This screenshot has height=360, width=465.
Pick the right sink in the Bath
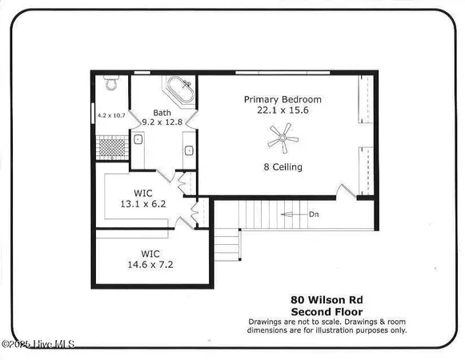coord(189,148)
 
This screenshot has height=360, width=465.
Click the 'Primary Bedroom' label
coord(283,99)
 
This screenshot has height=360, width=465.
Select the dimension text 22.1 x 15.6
coord(283,110)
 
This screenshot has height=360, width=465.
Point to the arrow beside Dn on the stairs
coord(293,214)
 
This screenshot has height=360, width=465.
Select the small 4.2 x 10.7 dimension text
coord(112,116)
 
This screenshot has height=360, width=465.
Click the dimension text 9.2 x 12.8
coord(162,124)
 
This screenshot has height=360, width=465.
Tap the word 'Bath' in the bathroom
coord(162,114)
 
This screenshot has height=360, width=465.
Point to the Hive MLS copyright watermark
coord(38,345)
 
